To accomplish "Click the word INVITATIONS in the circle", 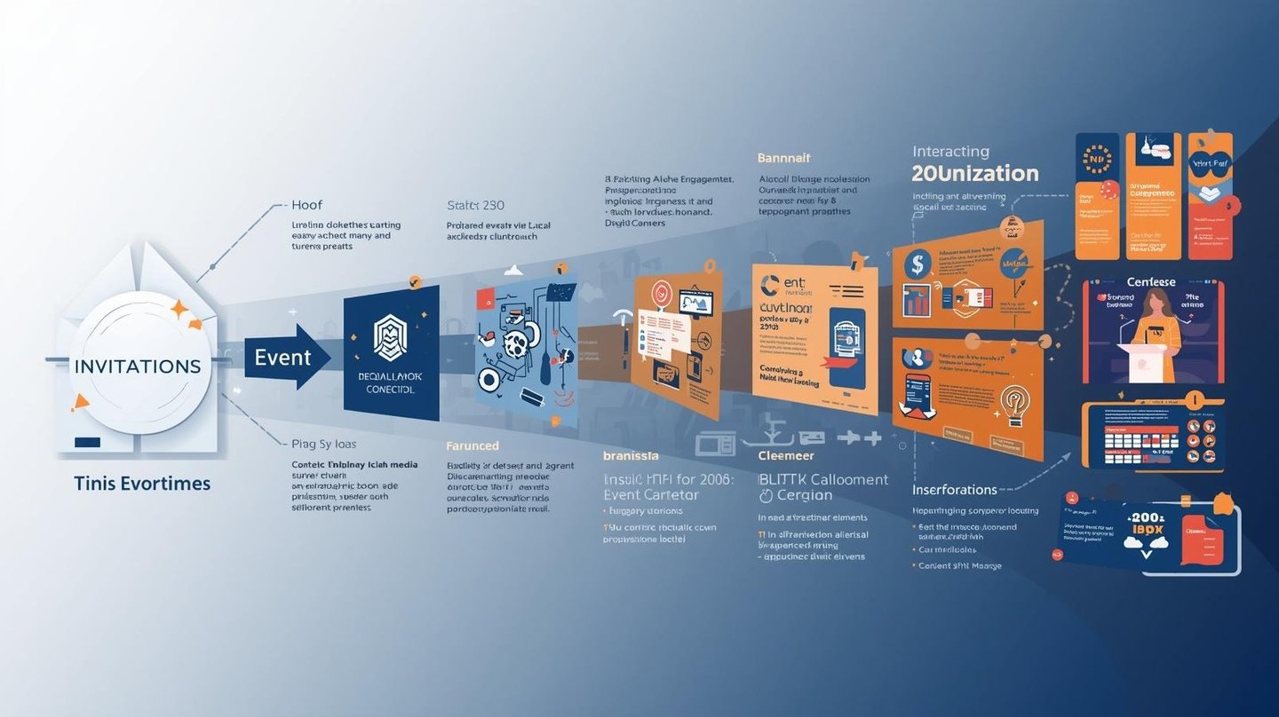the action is [138, 366].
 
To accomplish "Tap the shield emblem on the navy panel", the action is [390, 337].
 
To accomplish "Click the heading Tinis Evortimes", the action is [142, 484].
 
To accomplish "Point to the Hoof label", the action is [306, 205].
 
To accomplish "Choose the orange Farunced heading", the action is [472, 445].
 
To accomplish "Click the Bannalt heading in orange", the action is [783, 158].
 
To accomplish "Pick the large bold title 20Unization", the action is [974, 173].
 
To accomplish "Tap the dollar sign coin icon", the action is [917, 264].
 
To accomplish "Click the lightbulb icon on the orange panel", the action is [1013, 401].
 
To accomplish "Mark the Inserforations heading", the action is [954, 489].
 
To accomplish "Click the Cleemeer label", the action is [785, 455].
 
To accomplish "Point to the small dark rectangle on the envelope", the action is [87, 441].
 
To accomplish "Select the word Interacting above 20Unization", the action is [949, 152].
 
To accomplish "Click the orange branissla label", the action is [631, 455].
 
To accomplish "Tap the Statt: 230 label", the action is [475, 205].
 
